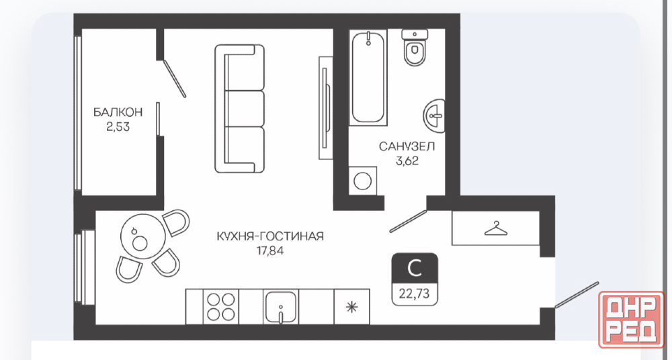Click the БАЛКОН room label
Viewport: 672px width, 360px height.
(118, 113)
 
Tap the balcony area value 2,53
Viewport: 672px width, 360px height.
(118, 127)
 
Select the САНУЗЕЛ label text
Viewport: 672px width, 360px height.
(407, 147)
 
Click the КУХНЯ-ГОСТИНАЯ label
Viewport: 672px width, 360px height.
(270, 236)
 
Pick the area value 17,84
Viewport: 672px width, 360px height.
(270, 251)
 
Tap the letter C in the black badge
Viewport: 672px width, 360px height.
(415, 269)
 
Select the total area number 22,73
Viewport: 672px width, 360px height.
(415, 295)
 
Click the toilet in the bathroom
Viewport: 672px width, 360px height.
(415, 47)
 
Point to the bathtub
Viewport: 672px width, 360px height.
(368, 77)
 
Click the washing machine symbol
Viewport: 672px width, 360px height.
(363, 181)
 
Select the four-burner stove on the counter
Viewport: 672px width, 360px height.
(220, 307)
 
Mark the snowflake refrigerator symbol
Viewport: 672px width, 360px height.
(351, 307)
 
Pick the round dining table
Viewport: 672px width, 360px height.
(142, 237)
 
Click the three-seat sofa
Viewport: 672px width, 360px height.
(239, 109)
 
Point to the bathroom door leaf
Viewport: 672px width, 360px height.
(409, 221)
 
